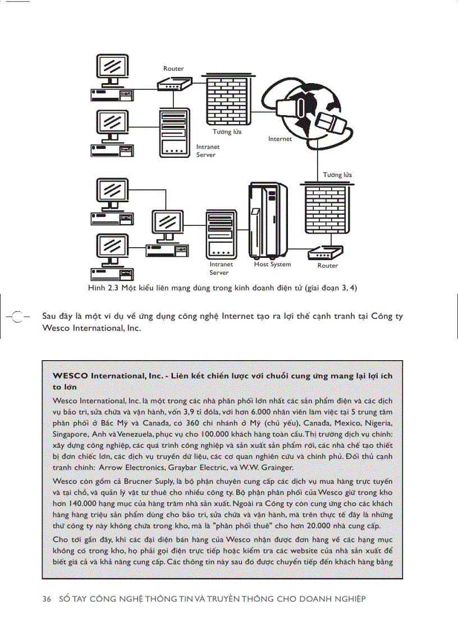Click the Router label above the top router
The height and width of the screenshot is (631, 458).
pos(173,69)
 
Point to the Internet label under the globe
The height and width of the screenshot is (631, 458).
pos(280,139)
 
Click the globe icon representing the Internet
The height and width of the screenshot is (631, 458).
pos(306,110)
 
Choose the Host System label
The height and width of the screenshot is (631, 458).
pos(272,264)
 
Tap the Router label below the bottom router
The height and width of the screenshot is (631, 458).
pos(328,266)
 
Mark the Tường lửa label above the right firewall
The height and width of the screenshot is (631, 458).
pos(337,175)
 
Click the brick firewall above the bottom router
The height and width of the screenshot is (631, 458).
pos(326,210)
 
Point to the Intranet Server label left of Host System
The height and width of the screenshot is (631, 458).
pos(221,268)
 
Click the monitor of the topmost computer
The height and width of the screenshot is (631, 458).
pos(113,67)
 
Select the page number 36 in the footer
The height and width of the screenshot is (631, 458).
pos(47,598)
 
